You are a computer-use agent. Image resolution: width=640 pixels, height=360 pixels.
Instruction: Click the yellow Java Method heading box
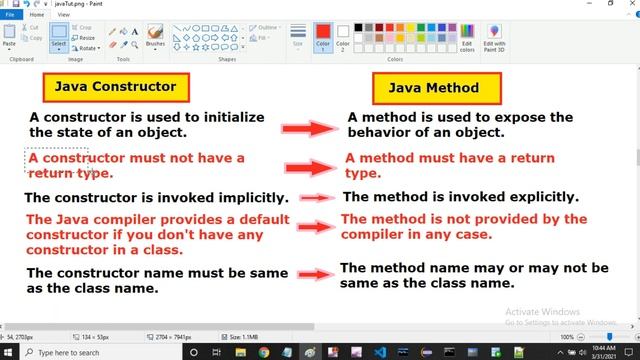click(435, 88)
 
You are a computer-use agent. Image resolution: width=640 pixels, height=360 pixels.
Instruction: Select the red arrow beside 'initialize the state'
click(311, 128)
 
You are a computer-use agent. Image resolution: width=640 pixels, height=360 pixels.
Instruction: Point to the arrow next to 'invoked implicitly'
click(316, 198)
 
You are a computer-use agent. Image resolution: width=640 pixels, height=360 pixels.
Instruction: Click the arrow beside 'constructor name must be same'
click(314, 274)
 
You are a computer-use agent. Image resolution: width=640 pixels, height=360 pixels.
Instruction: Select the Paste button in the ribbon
click(10, 38)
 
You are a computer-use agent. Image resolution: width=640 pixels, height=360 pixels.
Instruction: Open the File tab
click(10, 15)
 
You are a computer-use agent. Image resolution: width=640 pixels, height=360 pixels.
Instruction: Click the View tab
click(63, 15)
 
